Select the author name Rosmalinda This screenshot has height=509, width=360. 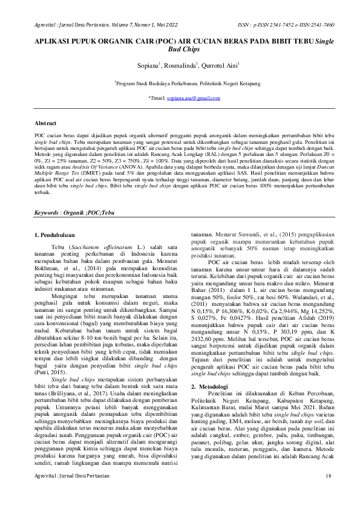tap(180, 64)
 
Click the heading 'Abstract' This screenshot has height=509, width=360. tap(47, 123)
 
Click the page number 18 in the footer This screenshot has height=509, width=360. tap(329, 493)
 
